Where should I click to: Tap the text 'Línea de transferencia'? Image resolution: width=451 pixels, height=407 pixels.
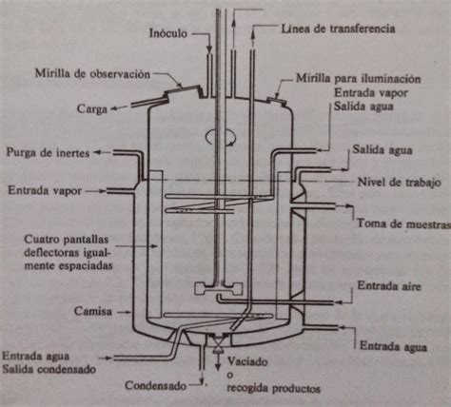click(336, 30)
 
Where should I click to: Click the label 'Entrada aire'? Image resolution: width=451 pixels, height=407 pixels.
click(384, 284)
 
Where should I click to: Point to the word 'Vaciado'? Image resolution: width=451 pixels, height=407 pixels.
click(249, 362)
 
